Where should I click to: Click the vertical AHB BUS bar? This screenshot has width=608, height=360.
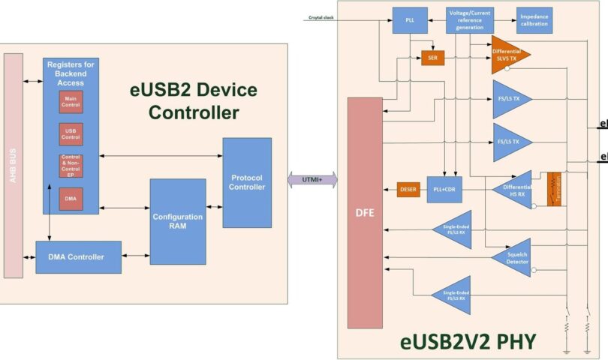click(x=14, y=165)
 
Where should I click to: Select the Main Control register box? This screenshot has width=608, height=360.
click(x=71, y=101)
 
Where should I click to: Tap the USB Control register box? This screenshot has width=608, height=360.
click(x=71, y=134)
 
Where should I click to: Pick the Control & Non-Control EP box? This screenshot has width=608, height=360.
click(x=71, y=166)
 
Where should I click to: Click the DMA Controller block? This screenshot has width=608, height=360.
click(x=78, y=257)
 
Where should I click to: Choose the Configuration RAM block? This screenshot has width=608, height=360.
click(x=178, y=221)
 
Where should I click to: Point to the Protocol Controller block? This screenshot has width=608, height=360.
click(x=247, y=182)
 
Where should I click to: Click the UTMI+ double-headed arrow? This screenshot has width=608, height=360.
click(x=313, y=180)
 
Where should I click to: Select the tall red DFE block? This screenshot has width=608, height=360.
click(x=365, y=212)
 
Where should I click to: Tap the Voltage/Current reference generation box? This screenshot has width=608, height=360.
click(x=470, y=19)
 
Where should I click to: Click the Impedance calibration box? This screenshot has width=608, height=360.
click(x=534, y=19)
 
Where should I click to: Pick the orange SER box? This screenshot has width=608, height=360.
click(x=433, y=57)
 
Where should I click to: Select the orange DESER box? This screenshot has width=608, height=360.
click(x=408, y=190)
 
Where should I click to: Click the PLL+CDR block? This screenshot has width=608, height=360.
click(x=444, y=190)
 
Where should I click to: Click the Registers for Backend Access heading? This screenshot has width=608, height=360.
click(x=71, y=72)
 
